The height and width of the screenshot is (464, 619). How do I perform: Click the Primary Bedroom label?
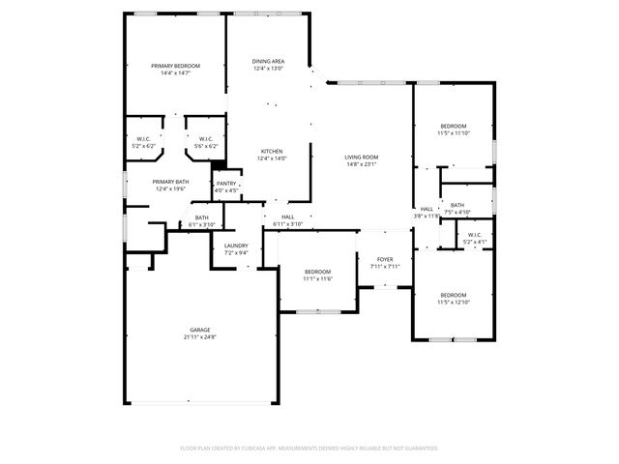pyautogui.click(x=175, y=65)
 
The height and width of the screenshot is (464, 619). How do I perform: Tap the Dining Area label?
pyautogui.click(x=269, y=61)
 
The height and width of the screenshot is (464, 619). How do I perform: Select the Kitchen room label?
pyautogui.click(x=271, y=152)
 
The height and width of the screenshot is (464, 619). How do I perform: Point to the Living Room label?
pyautogui.click(x=362, y=157)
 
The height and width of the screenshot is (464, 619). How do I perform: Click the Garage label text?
pyautogui.click(x=200, y=330)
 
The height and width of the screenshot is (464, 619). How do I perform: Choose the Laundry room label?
pyautogui.click(x=236, y=246)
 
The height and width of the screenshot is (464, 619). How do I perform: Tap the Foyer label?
pyautogui.click(x=385, y=259)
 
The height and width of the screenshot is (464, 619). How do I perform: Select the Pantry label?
pyautogui.click(x=226, y=184)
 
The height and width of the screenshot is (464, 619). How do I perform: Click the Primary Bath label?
pyautogui.click(x=170, y=182)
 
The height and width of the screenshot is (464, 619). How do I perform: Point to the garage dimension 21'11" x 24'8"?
pyautogui.click(x=200, y=337)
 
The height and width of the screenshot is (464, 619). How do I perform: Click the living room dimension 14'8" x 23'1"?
pyautogui.click(x=362, y=164)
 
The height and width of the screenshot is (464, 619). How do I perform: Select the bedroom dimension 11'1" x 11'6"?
pyautogui.click(x=317, y=279)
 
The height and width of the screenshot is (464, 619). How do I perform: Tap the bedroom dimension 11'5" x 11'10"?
pyautogui.click(x=454, y=133)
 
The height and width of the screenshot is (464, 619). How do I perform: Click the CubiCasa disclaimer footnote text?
pyautogui.click(x=309, y=448)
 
